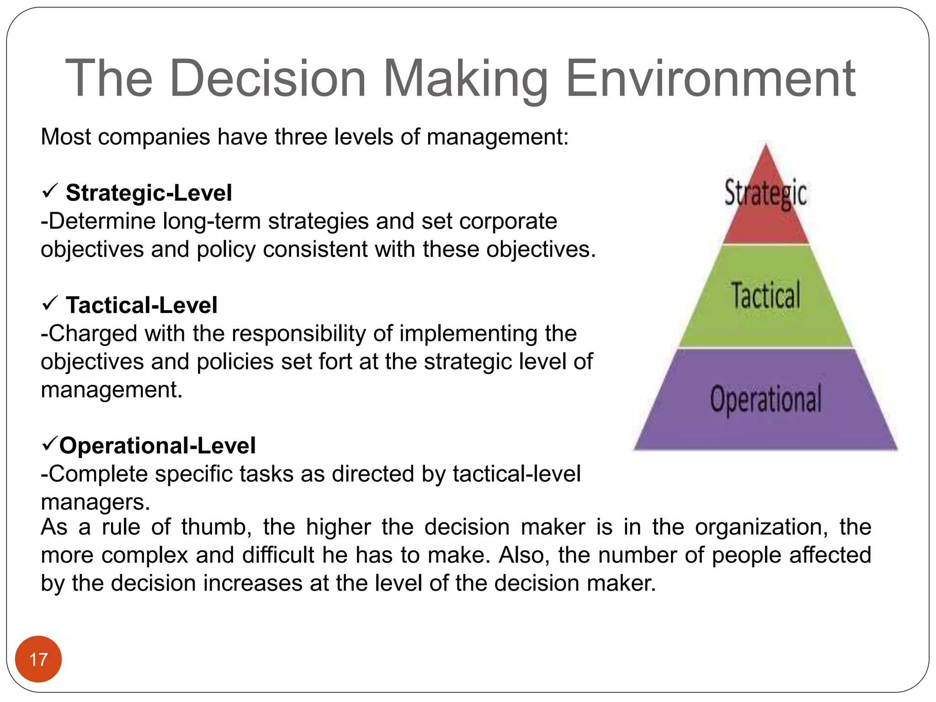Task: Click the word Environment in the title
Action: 710,79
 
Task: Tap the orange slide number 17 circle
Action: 38,659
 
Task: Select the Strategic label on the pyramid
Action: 766,193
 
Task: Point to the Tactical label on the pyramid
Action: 766,295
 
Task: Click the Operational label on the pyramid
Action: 766,399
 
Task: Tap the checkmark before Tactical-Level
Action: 49,303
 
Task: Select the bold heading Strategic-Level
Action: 149,193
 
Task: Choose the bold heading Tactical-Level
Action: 142,305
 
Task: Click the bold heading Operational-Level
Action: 158,446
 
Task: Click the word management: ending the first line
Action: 498,137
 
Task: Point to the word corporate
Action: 508,221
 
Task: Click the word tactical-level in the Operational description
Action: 517,474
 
